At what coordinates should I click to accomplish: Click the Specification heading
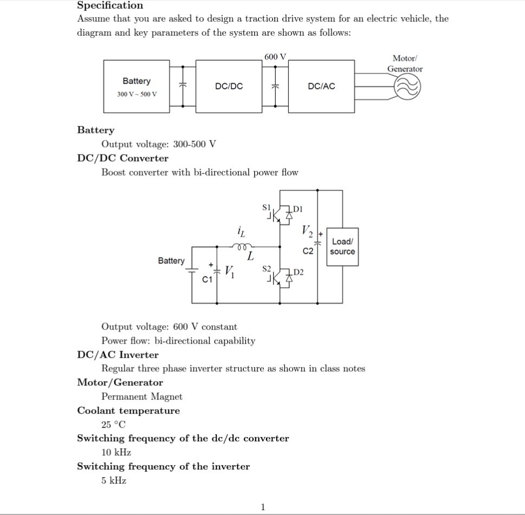pos(110,5)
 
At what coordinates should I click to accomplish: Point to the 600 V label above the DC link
pos(275,56)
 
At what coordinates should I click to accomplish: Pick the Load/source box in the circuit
pos(342,247)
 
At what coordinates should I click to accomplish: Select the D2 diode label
pos(299,272)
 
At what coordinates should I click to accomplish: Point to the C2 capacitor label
pos(308,252)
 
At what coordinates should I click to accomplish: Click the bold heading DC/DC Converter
pos(123,158)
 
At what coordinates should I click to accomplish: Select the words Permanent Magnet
pos(142,396)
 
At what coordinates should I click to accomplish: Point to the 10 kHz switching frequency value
pos(116,452)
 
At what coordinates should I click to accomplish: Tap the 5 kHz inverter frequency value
pos(114,480)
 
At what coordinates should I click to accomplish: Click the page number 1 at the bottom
pos(263,507)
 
